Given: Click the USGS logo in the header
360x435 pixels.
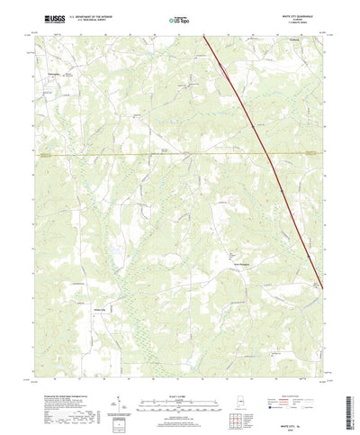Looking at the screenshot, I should [52, 17].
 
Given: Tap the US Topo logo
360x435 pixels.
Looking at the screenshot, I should [178, 18].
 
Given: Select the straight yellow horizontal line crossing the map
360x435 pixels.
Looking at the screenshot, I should [135, 153].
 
